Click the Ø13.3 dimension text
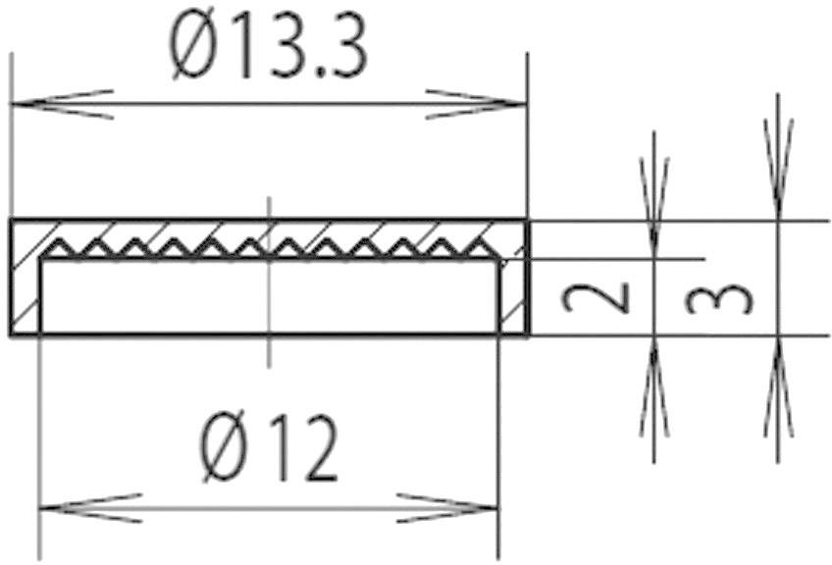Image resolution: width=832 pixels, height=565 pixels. point(268,50)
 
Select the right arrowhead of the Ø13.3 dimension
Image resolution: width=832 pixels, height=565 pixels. point(477,103)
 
